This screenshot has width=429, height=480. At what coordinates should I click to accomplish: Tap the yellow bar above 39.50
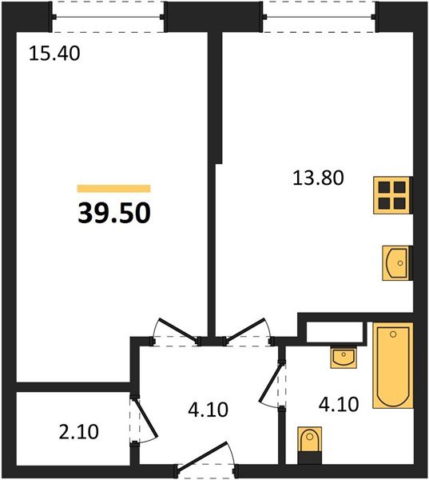tap(114, 188)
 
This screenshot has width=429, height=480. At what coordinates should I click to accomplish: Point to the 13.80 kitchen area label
tap(316, 178)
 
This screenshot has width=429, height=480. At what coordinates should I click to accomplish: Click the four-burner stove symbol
tap(393, 194)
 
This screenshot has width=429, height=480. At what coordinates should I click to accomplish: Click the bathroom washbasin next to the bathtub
tap(344, 357)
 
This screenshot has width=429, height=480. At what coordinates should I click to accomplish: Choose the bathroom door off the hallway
tap(274, 384)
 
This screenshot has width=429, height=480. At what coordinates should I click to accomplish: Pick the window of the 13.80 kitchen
tap(320, 16)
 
